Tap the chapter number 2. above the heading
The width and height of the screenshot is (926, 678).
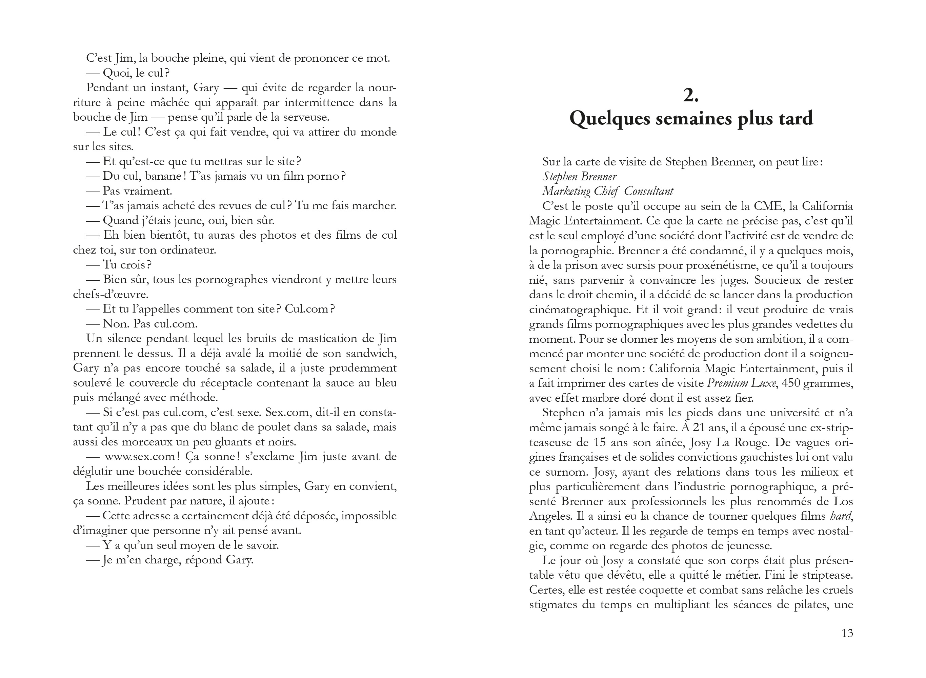pyautogui.click(x=691, y=95)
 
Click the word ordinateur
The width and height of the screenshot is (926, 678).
pyautogui.click(x=187, y=250)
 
